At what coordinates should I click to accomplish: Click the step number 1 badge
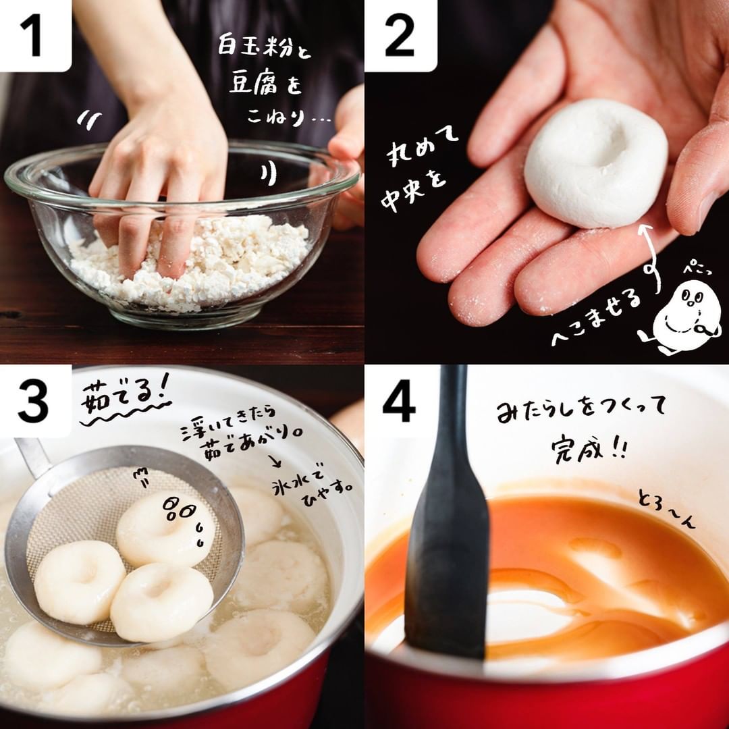[36, 36]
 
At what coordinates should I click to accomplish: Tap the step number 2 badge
[401, 36]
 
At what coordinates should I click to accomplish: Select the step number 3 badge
[36, 401]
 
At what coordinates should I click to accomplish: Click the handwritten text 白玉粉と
[264, 47]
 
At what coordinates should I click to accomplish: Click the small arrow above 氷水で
[275, 460]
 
